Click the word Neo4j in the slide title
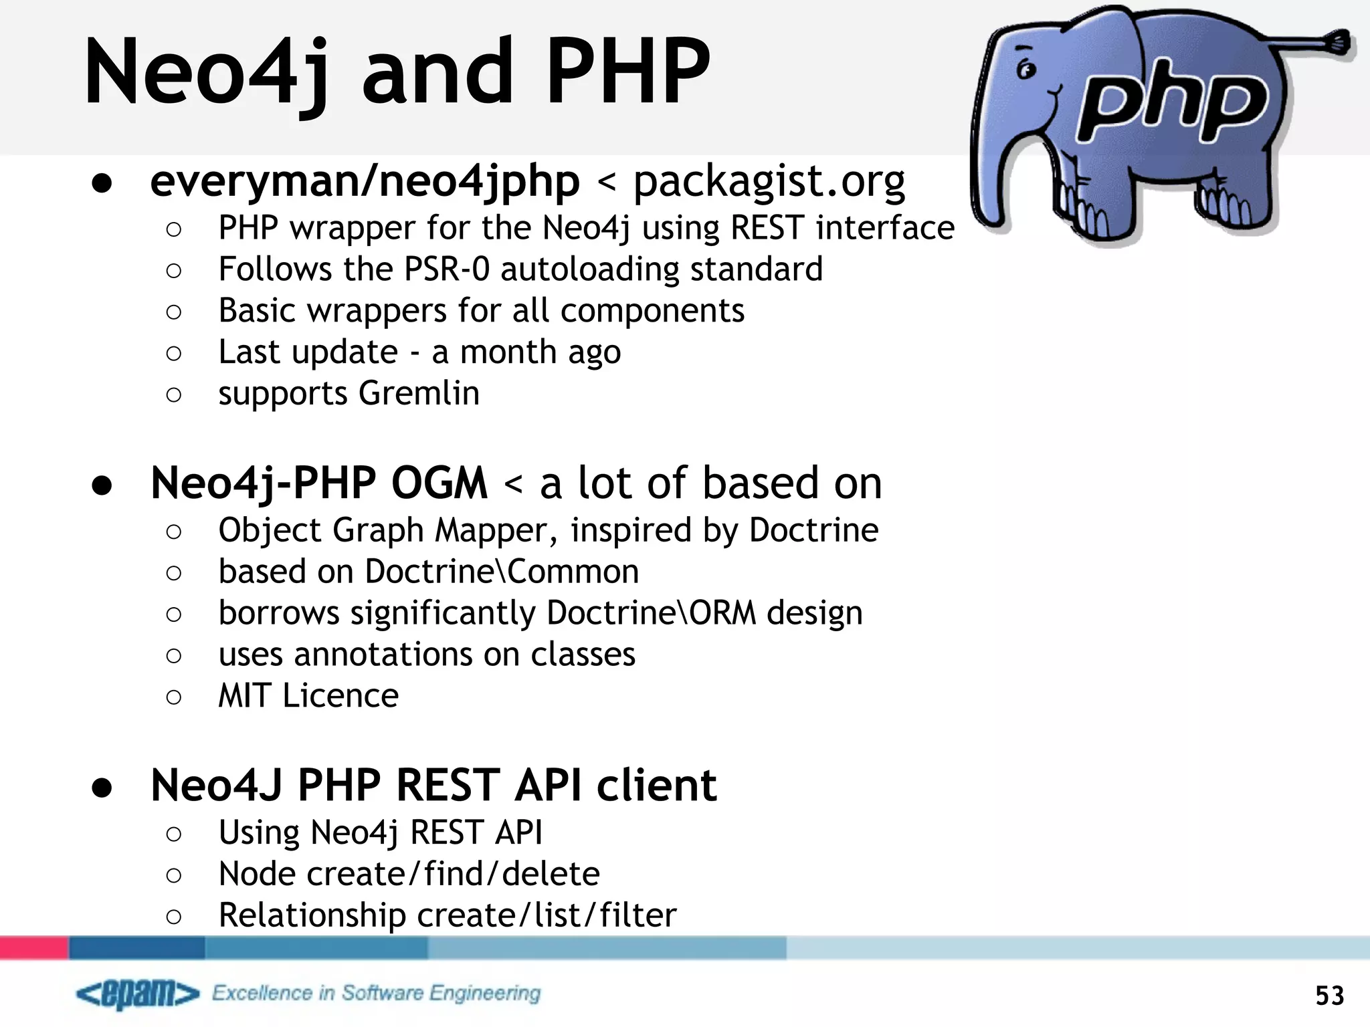(207, 72)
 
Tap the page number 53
(1329, 996)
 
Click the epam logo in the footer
(138, 994)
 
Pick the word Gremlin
(419, 392)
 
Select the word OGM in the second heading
(439, 483)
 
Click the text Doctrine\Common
(502, 572)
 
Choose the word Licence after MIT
(340, 695)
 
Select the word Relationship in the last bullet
(312, 915)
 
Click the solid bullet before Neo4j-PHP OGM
(102, 485)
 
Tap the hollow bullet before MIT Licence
(173, 697)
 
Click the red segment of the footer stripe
(33, 947)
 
